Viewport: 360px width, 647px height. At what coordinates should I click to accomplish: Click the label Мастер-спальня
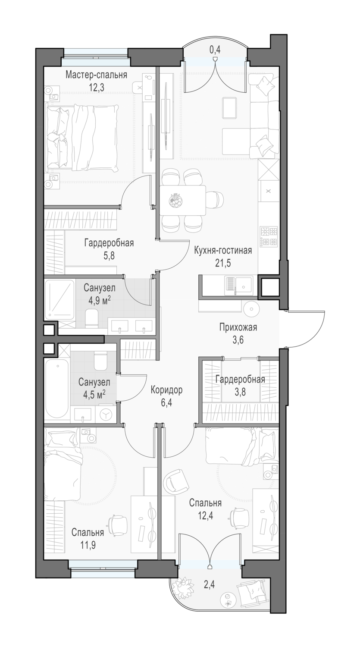[x=97, y=75]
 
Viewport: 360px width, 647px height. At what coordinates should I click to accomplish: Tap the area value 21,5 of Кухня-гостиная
[x=223, y=263]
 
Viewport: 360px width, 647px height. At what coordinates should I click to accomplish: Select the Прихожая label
[x=238, y=327]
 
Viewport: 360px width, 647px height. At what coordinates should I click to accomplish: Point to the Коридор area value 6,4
[x=166, y=402]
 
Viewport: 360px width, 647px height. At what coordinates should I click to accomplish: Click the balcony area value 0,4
[x=215, y=50]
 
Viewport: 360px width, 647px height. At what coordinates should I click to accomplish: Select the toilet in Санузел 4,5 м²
[x=101, y=361]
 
